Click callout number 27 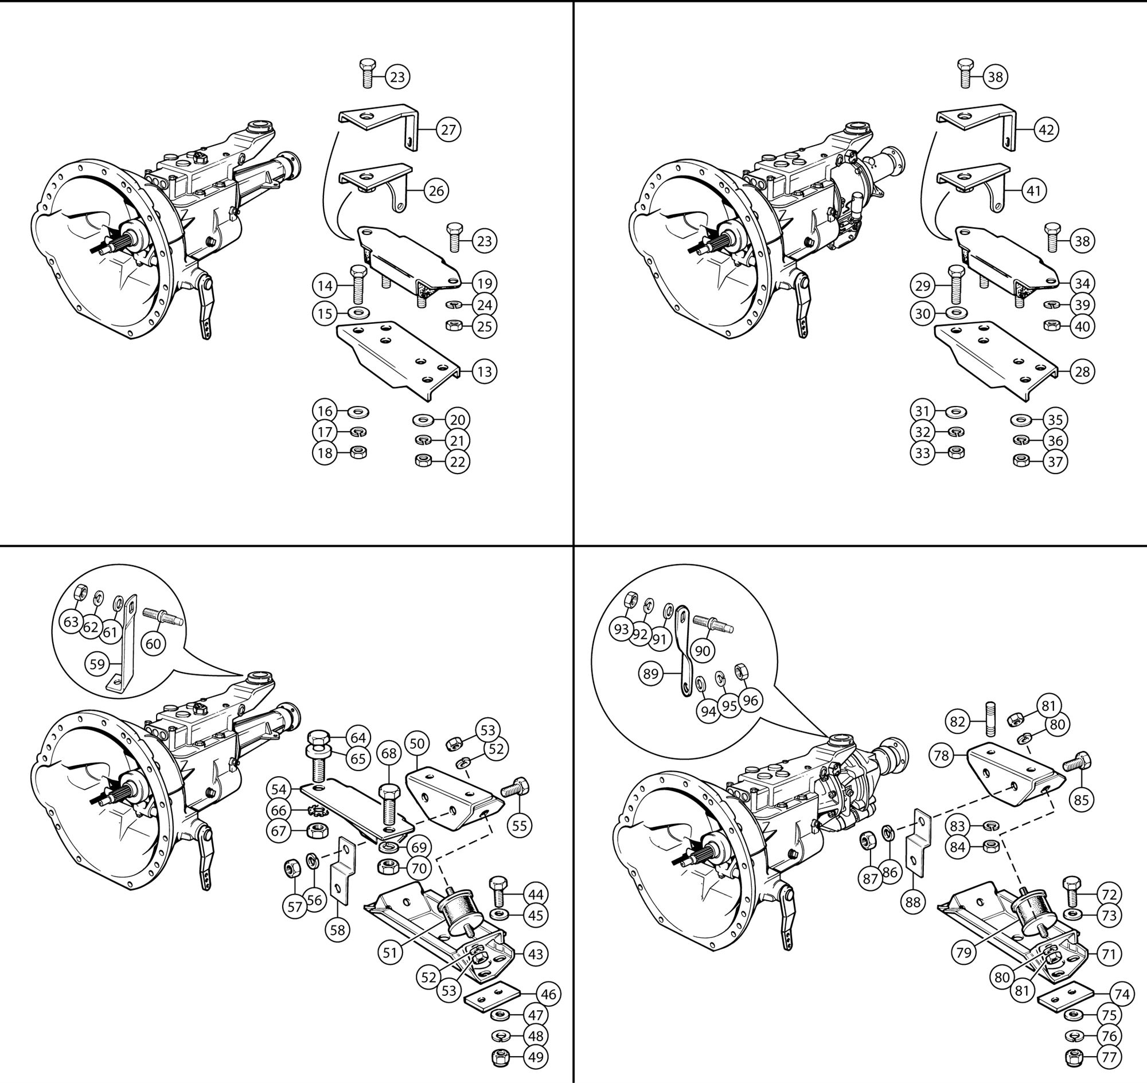coord(448,130)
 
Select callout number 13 coord(484,371)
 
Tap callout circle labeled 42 coord(1046,130)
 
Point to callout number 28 coord(1082,371)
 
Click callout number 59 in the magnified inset coord(97,664)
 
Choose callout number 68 coord(389,753)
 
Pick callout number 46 coord(548,994)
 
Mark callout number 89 coord(651,674)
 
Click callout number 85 coord(1081,800)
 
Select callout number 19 coord(484,283)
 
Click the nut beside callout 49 coord(499,1058)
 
